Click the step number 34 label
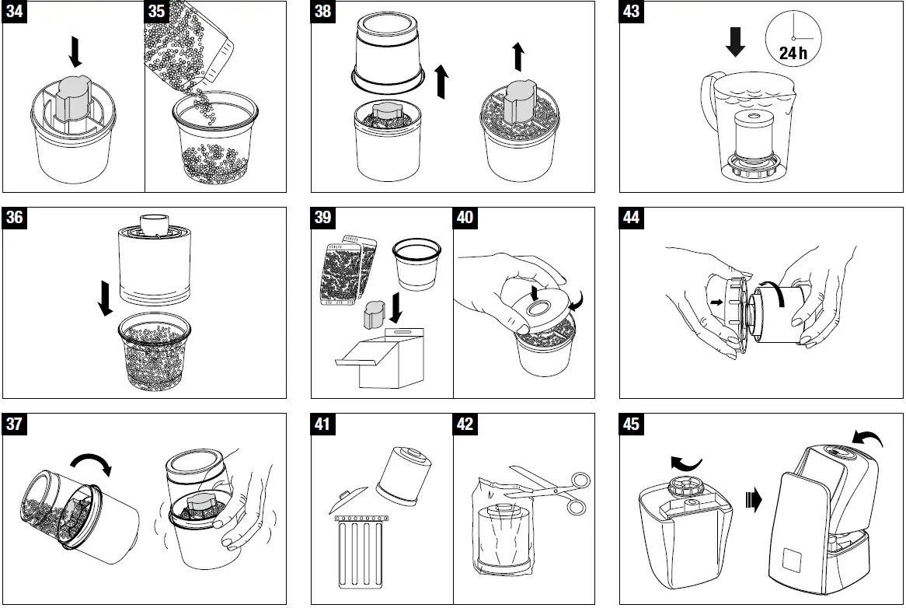click(x=16, y=13)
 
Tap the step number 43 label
click(x=632, y=13)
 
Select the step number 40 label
click(x=465, y=218)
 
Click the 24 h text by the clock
click(x=793, y=54)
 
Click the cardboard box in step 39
click(x=385, y=362)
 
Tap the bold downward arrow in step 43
click(x=734, y=40)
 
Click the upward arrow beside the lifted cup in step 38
click(x=441, y=82)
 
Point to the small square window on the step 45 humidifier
click(x=793, y=561)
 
